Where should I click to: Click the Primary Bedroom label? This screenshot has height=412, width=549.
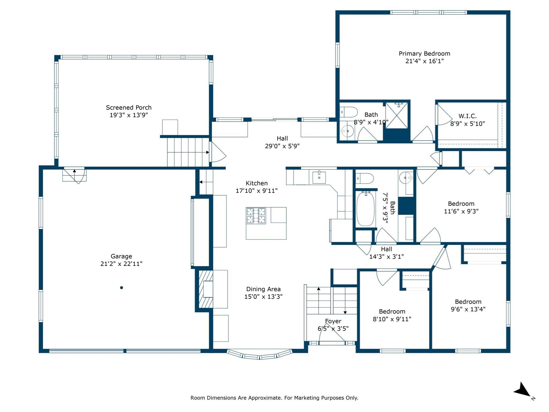click(424, 54)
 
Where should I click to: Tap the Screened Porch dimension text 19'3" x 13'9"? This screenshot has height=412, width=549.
click(129, 115)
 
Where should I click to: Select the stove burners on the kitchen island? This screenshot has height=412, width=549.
click(256, 216)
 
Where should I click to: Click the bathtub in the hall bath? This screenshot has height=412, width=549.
click(365, 208)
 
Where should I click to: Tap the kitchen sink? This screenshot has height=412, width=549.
click(319, 177)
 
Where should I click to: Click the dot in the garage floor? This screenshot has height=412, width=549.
click(121, 288)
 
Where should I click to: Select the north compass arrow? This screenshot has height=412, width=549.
click(522, 390)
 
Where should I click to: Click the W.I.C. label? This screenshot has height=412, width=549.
click(468, 116)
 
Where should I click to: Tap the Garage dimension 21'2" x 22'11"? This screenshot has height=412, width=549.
click(121, 264)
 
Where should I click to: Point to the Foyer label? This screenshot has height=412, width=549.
click(333, 321)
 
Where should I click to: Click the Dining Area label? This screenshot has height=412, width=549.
click(264, 289)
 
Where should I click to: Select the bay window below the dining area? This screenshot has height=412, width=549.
click(259, 354)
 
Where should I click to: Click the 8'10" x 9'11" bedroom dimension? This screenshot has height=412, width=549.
click(392, 319)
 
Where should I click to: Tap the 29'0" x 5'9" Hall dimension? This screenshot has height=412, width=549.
click(282, 146)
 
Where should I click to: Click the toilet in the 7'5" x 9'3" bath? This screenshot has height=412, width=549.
click(365, 178)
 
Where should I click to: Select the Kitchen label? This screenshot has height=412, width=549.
click(257, 183)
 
